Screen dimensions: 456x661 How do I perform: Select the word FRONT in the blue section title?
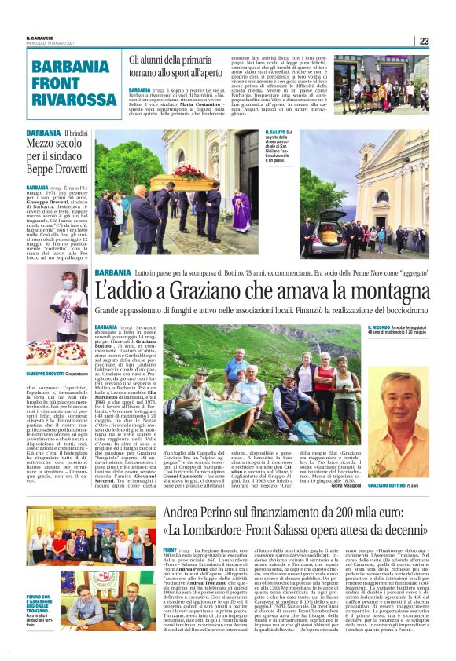(x=57, y=82)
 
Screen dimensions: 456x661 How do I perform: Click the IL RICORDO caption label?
(x=381, y=327)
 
